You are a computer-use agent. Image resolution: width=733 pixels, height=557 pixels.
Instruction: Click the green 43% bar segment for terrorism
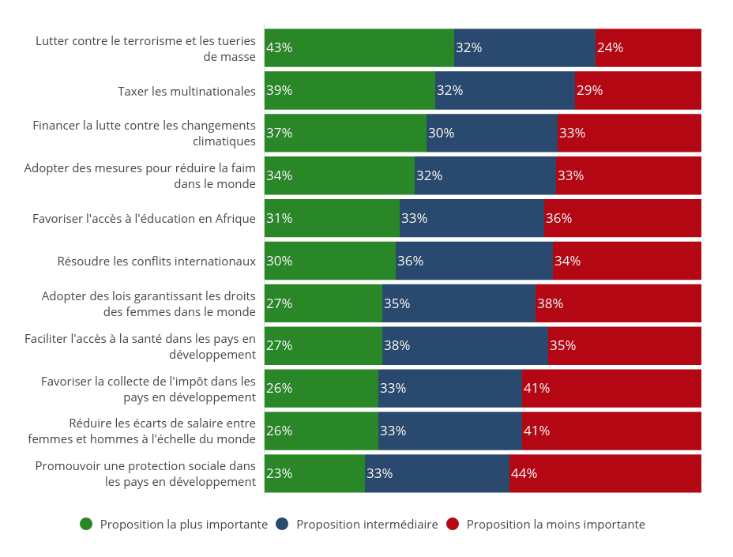[359, 47]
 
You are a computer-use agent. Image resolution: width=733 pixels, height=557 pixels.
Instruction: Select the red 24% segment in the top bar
[648, 47]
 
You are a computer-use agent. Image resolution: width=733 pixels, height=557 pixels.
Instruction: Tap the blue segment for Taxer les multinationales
[505, 90]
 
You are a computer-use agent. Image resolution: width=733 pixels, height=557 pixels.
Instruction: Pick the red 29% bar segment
[637, 90]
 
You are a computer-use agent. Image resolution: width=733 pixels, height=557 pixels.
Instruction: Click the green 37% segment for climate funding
[345, 133]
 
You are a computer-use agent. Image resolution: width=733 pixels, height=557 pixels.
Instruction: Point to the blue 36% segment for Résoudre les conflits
[474, 261]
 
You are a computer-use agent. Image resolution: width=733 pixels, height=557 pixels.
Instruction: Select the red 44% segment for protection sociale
[605, 473]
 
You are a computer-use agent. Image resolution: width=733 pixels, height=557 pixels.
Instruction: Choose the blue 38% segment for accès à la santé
[464, 345]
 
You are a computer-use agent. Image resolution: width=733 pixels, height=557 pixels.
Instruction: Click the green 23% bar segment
[314, 473]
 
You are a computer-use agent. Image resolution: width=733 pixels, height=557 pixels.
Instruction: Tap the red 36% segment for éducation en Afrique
[622, 218]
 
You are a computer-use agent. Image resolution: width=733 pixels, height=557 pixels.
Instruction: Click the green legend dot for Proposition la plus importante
[86, 524]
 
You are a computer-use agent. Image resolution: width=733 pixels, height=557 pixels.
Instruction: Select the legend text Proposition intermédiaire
[366, 525]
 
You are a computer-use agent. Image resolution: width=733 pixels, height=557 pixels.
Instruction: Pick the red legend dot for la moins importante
[453, 524]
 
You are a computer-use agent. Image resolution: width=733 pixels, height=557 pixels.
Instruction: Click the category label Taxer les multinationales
[186, 92]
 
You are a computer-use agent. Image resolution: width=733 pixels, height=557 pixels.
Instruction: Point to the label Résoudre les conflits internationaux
[156, 262]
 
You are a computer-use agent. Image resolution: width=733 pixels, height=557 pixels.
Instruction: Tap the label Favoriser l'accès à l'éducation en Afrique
[144, 219]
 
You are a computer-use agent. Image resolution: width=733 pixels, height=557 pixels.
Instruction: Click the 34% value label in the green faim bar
[280, 175]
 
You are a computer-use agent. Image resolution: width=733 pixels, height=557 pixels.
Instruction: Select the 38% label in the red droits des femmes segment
[550, 303]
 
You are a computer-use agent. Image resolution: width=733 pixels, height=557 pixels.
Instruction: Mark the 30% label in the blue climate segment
[441, 133]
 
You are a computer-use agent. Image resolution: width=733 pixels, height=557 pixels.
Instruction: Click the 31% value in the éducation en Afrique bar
[280, 218]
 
